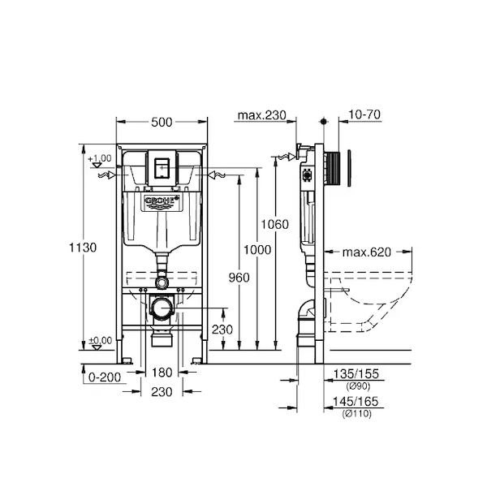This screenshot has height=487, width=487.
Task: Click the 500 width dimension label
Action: (162, 123)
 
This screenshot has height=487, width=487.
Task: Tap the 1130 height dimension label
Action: (83, 248)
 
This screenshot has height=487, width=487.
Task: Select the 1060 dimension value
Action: (274, 224)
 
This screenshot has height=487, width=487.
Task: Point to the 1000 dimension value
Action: (256, 250)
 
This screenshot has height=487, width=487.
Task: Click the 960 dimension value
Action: (239, 278)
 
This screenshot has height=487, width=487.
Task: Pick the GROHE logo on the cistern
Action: (162, 201)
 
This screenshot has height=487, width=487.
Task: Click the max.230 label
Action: (262, 115)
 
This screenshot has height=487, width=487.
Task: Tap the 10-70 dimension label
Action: (364, 114)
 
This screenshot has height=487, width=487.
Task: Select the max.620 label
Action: (367, 252)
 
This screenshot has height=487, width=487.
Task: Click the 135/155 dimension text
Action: (356, 373)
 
